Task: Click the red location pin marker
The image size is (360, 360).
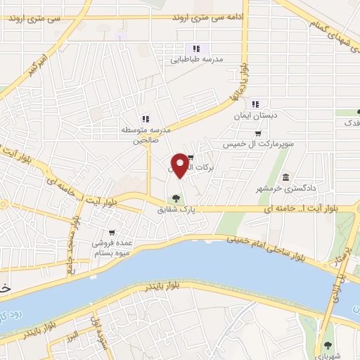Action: pyautogui.click(x=181, y=165)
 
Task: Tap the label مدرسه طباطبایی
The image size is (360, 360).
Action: pyautogui.click(x=197, y=60)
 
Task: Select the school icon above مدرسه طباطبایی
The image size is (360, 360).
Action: pyautogui.click(x=197, y=49)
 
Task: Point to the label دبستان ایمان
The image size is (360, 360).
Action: pyautogui.click(x=256, y=115)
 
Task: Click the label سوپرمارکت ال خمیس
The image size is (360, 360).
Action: pyautogui.click(x=258, y=144)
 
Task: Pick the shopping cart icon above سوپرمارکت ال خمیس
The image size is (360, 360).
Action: pyautogui.click(x=258, y=134)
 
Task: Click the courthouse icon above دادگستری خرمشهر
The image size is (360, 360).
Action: pyautogui.click(x=285, y=176)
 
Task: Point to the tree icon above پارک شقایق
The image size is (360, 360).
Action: pyautogui.click(x=176, y=198)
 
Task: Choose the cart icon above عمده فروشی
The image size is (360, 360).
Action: pyautogui.click(x=111, y=233)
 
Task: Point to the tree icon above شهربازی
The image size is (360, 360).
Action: pyautogui.click(x=328, y=345)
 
